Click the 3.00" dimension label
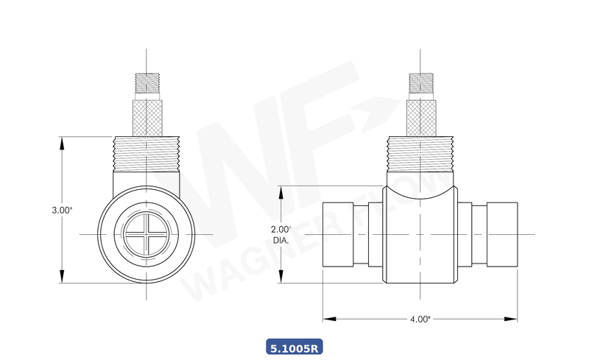[62, 210]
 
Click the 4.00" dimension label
[420, 319]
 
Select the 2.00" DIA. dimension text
[281, 234]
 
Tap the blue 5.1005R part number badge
[294, 346]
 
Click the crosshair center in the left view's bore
[147, 234]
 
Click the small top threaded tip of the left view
[147, 83]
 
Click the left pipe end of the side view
[339, 234]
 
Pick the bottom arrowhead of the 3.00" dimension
[62, 279]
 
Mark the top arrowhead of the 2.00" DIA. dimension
[281, 190]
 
